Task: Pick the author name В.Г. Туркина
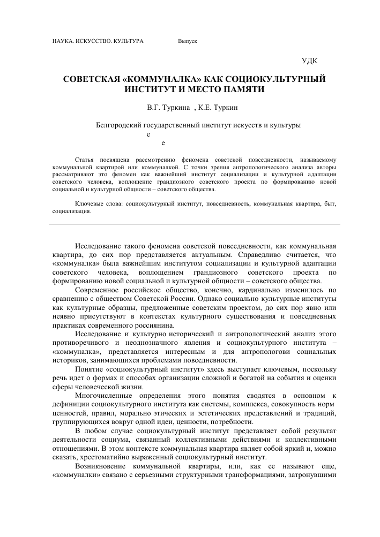(x=168, y=108)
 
